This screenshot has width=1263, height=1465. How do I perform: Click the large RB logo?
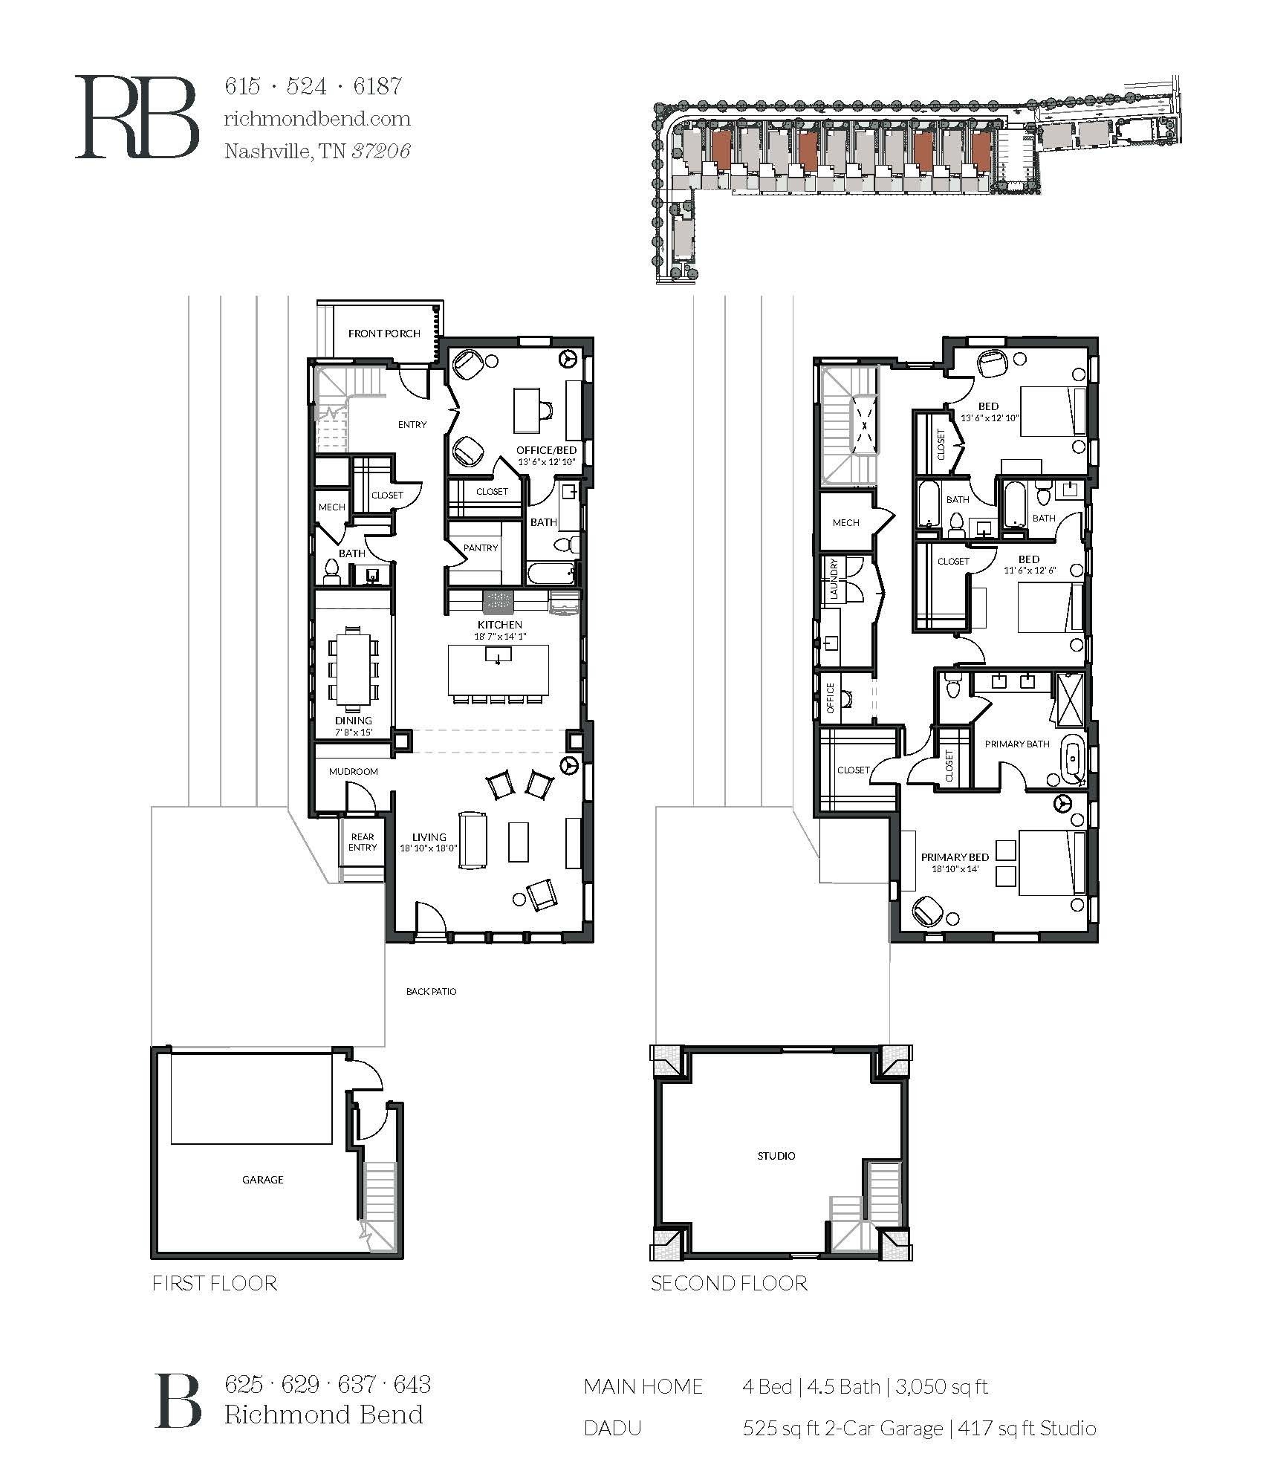click(137, 117)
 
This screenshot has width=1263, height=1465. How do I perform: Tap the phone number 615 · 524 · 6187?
click(313, 87)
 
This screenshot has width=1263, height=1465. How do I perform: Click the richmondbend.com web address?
click(316, 119)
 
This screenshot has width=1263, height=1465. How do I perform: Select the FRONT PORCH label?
click(384, 334)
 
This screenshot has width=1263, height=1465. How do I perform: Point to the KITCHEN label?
click(500, 625)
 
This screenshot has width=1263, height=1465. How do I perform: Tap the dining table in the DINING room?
click(353, 666)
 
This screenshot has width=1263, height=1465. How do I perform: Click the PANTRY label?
click(481, 548)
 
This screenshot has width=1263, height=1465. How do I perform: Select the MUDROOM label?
click(354, 771)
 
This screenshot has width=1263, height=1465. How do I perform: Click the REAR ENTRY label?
click(363, 842)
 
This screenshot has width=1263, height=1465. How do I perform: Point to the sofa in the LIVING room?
click(473, 840)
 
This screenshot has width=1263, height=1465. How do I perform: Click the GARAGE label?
click(262, 1179)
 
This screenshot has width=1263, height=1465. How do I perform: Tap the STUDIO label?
click(776, 1155)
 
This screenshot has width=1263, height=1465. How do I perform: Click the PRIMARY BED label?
click(954, 857)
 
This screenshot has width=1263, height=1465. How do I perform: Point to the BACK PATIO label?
click(431, 992)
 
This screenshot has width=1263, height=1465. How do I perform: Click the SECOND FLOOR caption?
click(728, 1283)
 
